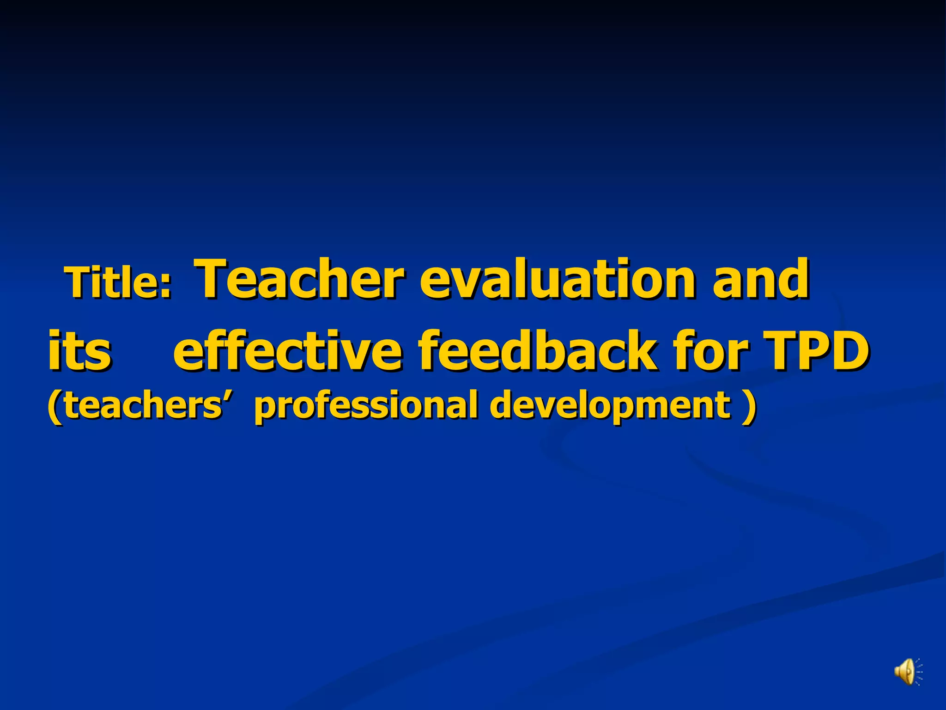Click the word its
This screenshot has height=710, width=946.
point(79,350)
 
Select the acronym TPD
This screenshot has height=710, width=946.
point(817,350)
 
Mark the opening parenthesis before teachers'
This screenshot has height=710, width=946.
point(55,405)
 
